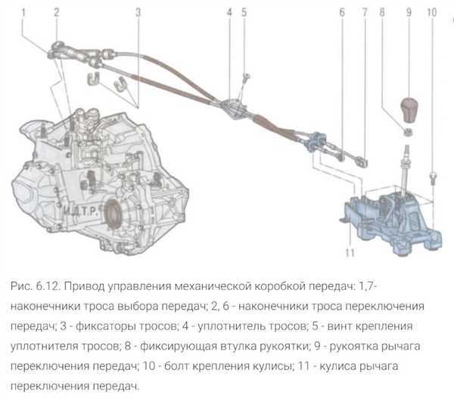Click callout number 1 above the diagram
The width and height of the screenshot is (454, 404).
click(x=23, y=12)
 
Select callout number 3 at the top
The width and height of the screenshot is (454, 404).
click(x=138, y=12)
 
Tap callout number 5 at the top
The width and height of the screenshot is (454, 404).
click(x=244, y=12)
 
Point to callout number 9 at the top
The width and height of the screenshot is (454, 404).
click(x=409, y=12)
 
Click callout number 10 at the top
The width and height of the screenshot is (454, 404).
click(x=431, y=12)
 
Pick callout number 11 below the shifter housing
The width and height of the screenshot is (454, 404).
click(x=350, y=252)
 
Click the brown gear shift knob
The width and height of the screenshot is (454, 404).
click(x=409, y=109)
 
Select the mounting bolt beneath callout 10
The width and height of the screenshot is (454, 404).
click(x=433, y=178)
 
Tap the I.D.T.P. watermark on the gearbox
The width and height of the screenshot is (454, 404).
click(x=80, y=212)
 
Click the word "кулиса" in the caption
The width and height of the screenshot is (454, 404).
click(x=337, y=365)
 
